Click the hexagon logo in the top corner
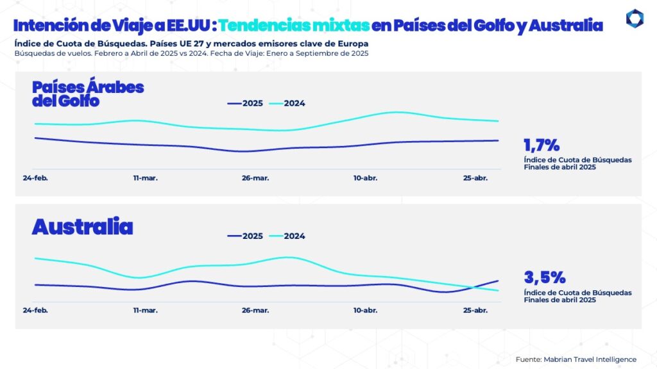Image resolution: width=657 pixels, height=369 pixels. [634, 19]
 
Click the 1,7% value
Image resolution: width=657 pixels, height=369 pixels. [542, 145]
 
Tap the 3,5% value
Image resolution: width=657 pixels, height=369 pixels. [545, 277]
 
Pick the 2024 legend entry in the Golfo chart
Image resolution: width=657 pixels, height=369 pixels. [286, 104]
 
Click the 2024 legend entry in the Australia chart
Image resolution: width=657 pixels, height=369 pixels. [286, 236]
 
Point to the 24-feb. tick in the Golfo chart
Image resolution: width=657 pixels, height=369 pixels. [35, 177]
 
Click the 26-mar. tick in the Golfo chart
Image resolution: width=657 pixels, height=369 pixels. [255, 177]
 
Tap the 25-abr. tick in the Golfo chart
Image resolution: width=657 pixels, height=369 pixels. [475, 177]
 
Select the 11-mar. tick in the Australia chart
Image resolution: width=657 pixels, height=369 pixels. [145, 310]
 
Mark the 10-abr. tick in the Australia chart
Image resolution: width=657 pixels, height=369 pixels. [365, 310]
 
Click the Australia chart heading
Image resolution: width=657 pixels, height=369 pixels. [82, 227]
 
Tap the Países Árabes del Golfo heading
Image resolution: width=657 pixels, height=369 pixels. [88, 94]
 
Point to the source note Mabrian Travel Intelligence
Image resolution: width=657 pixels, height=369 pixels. [576, 359]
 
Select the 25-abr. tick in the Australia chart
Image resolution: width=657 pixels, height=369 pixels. [475, 310]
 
